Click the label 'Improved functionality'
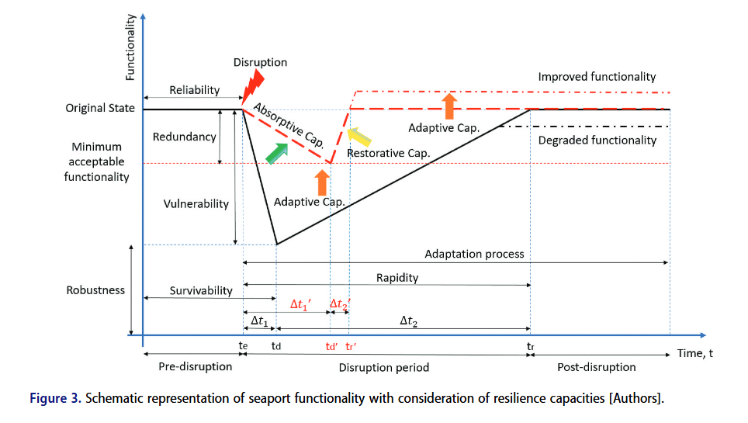click(x=597, y=77)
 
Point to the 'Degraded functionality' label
click(x=597, y=140)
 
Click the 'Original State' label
click(x=100, y=109)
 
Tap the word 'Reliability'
click(x=195, y=90)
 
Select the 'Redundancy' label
click(x=184, y=137)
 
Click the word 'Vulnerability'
click(x=196, y=204)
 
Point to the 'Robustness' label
click(x=95, y=290)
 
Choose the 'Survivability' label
click(x=201, y=290)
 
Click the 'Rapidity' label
click(x=397, y=278)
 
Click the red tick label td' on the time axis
click(x=331, y=347)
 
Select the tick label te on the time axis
click(x=243, y=347)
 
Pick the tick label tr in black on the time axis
click(x=530, y=347)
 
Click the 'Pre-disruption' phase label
click(x=195, y=367)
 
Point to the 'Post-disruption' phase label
click(x=596, y=367)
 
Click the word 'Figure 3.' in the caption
click(x=54, y=399)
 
